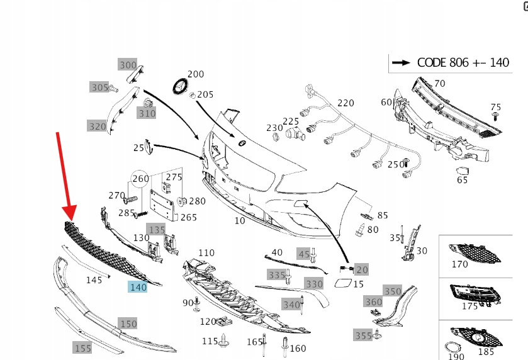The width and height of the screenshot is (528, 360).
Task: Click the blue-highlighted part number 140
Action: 138,288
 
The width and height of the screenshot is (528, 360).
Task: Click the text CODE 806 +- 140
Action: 463,62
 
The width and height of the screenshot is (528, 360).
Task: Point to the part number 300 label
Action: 128,65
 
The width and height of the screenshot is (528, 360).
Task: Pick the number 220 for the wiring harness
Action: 345,103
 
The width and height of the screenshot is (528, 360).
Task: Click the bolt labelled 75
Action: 496,117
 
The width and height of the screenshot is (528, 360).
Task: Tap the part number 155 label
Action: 83,348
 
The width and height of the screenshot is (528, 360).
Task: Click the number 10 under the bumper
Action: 240,221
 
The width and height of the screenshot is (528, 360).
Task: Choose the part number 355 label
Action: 362,335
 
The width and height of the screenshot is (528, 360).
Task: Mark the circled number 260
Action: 140,179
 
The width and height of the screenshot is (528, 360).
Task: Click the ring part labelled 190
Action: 451,347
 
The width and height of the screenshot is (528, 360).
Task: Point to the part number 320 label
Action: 97,127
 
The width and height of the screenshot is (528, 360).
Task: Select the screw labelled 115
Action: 225,344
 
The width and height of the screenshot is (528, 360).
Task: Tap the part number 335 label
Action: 277,275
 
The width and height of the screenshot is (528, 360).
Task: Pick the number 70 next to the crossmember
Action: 439,83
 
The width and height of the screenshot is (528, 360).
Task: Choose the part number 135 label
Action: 155,228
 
